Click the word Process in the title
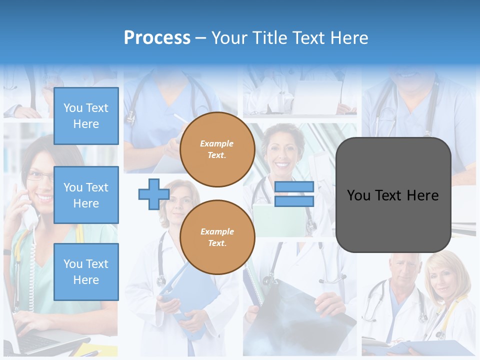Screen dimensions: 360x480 pos(157,38)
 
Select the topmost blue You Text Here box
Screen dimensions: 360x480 pos(86,116)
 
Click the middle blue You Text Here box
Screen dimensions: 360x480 pos(86,195)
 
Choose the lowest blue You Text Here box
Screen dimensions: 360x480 pos(86,271)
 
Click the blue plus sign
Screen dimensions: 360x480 pos(153,194)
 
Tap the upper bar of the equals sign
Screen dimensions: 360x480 pos(294,187)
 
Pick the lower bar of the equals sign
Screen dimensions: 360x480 pos(294,201)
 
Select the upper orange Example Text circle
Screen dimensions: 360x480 pos(217,149)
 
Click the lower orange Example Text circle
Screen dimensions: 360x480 pos(217,237)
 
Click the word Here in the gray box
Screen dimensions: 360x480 pos(423,195)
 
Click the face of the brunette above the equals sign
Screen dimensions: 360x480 pos(282,150)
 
